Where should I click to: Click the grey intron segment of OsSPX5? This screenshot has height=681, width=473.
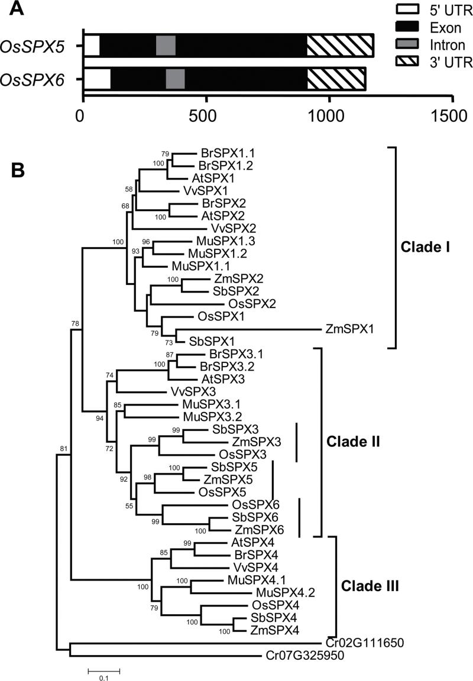pos(166,46)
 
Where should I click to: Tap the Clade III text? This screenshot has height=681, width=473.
pos(370,587)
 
